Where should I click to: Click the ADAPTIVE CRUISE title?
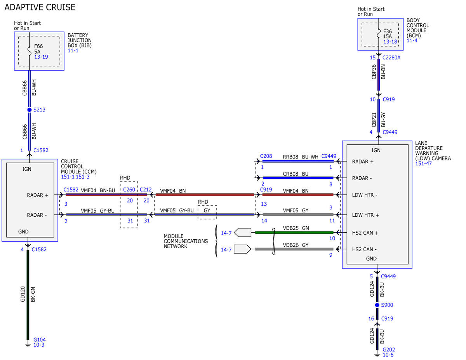(x=40, y=7)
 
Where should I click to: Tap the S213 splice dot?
(x=30, y=110)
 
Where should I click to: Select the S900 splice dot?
(x=377, y=305)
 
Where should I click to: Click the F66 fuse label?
(x=38, y=46)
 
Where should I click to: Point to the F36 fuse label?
(x=388, y=31)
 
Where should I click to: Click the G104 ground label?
(x=40, y=340)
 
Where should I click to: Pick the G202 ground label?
(x=389, y=350)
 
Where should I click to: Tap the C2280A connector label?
(x=391, y=58)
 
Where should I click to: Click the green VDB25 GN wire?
(x=294, y=232)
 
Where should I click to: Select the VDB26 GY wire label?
(x=296, y=245)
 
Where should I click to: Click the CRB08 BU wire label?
(x=296, y=174)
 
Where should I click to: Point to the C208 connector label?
(x=266, y=156)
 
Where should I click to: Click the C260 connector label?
(x=129, y=190)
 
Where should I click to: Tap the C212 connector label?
(x=146, y=190)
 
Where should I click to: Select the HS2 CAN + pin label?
(x=365, y=233)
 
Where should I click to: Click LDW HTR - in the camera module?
(x=365, y=195)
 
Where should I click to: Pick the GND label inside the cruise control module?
(x=23, y=232)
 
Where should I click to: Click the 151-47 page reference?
(x=424, y=163)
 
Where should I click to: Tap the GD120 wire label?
(x=23, y=294)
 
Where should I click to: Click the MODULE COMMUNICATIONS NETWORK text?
(x=186, y=241)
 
